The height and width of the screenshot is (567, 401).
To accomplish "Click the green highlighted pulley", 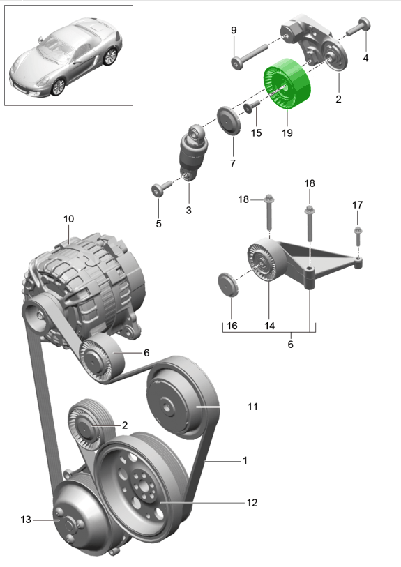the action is click(287, 84).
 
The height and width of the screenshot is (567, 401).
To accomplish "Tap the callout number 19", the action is click(287, 133).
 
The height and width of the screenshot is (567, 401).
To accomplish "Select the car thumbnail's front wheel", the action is click(58, 87).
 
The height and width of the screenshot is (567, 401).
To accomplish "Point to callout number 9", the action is click(234, 30).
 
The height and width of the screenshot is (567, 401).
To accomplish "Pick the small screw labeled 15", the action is click(252, 106).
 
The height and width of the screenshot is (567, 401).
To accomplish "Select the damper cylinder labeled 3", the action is click(194, 152).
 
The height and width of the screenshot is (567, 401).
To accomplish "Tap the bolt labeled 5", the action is click(161, 188).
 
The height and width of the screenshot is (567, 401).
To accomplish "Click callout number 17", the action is click(357, 205).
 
